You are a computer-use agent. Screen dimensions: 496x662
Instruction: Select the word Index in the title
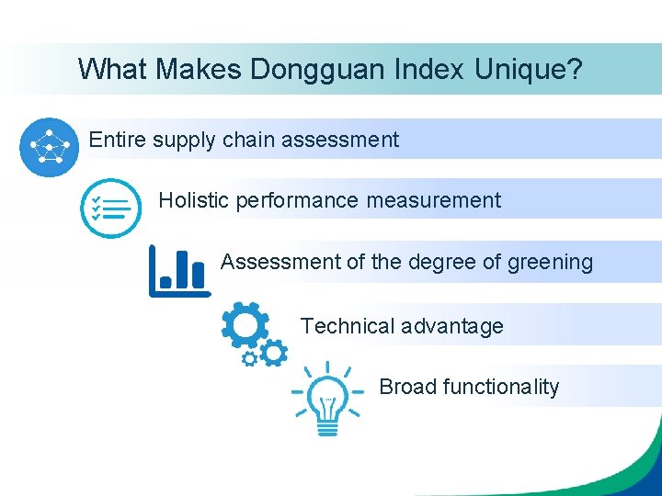[x=434, y=69]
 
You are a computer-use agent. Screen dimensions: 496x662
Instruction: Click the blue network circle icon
[x=49, y=146]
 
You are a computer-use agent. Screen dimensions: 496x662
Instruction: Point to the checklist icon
[x=110, y=209]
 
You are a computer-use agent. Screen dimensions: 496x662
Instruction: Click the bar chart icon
[x=179, y=270]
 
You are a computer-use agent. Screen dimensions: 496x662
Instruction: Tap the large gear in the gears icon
[x=245, y=324]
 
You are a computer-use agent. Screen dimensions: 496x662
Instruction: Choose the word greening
[x=550, y=263]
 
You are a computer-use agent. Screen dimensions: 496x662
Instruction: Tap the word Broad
[x=407, y=387]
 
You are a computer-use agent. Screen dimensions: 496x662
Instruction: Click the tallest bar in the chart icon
[x=182, y=268]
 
